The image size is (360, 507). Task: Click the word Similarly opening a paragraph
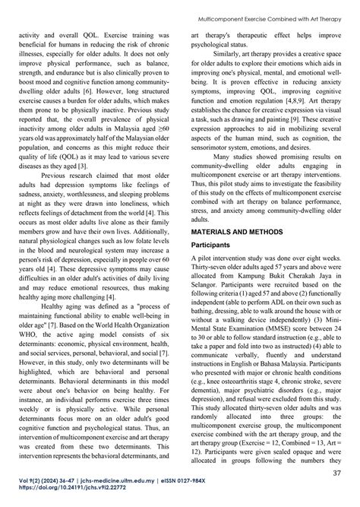pos(225,55)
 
